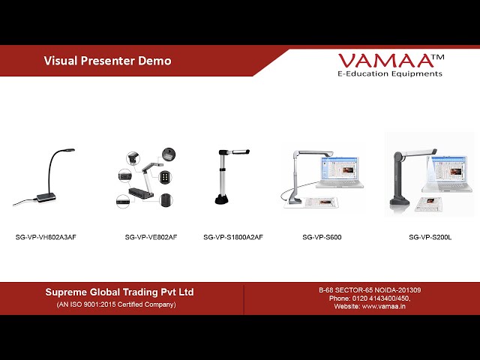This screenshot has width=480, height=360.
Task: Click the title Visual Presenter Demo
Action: click(x=107, y=61)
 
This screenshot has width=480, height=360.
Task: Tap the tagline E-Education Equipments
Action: click(x=390, y=73)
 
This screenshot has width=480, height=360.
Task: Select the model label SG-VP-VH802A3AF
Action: click(x=46, y=237)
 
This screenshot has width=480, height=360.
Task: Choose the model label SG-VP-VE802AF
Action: click(x=151, y=237)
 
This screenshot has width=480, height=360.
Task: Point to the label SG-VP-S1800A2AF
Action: click(x=233, y=237)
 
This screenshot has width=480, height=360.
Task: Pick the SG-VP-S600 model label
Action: click(x=322, y=237)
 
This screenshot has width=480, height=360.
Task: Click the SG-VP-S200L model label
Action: click(x=430, y=237)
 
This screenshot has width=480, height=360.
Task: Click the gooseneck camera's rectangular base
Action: click(x=46, y=197)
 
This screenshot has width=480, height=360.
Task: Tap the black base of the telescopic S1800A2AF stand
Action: click(x=221, y=199)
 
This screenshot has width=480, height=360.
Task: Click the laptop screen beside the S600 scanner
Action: click(x=339, y=168)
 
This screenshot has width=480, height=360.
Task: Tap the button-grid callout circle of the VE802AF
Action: click(x=165, y=177)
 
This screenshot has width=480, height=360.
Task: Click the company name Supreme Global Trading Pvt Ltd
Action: click(x=119, y=292)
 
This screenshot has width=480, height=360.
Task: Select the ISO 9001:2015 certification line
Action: click(x=116, y=304)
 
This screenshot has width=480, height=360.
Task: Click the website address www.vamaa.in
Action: click(x=384, y=307)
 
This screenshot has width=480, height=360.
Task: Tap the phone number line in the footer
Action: click(x=370, y=298)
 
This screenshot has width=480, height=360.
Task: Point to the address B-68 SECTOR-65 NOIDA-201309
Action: click(x=370, y=290)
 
